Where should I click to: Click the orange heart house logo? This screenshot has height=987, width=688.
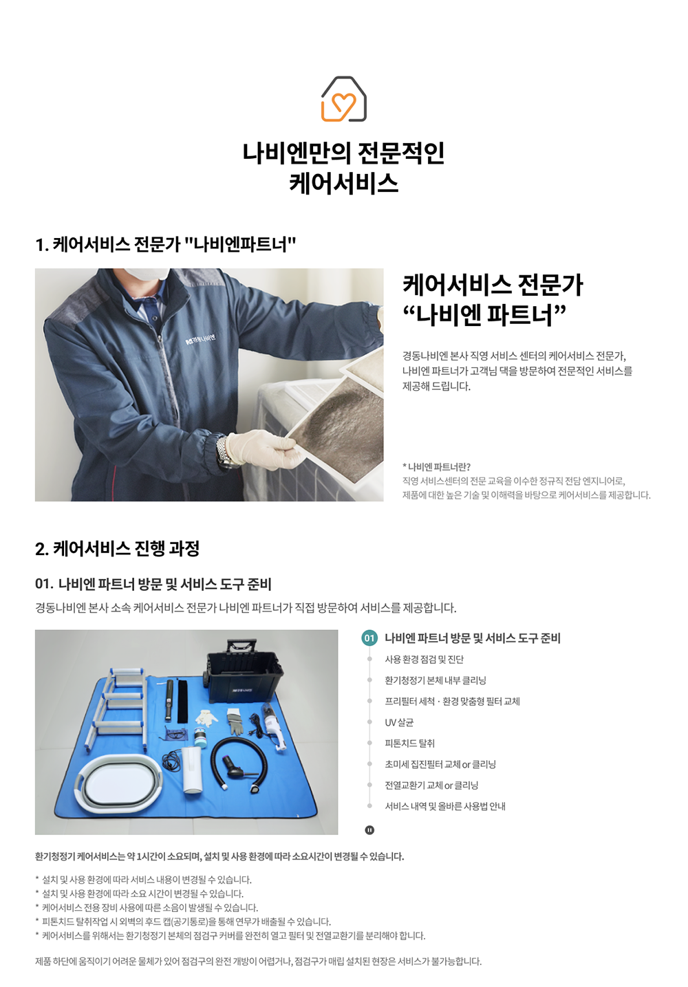[344, 99]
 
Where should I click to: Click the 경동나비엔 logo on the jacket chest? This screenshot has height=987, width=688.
[200, 339]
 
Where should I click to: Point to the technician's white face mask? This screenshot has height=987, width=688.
[146, 273]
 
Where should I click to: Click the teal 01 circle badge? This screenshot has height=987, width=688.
[369, 638]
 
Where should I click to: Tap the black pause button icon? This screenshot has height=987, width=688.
[369, 830]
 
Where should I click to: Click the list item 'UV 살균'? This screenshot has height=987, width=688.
[399, 722]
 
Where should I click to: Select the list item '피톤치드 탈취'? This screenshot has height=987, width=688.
[409, 743]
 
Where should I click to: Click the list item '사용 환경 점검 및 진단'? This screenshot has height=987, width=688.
[424, 659]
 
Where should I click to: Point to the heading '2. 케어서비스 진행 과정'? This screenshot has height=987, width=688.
[117, 549]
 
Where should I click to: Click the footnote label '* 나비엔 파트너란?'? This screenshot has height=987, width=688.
[436, 466]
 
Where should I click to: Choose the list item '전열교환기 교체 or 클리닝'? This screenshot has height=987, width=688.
[431, 785]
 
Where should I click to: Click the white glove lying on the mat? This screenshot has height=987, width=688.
[206, 717]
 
